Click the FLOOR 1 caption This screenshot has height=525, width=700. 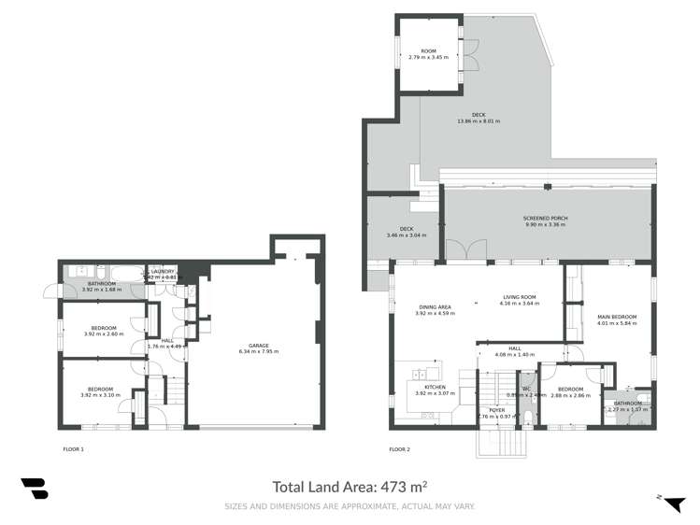73,449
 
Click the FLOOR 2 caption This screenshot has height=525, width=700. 399,449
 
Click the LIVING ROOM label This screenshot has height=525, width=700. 519,300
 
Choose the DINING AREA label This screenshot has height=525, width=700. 434,309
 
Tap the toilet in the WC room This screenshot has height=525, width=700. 528,418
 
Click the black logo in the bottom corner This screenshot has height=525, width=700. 34,490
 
